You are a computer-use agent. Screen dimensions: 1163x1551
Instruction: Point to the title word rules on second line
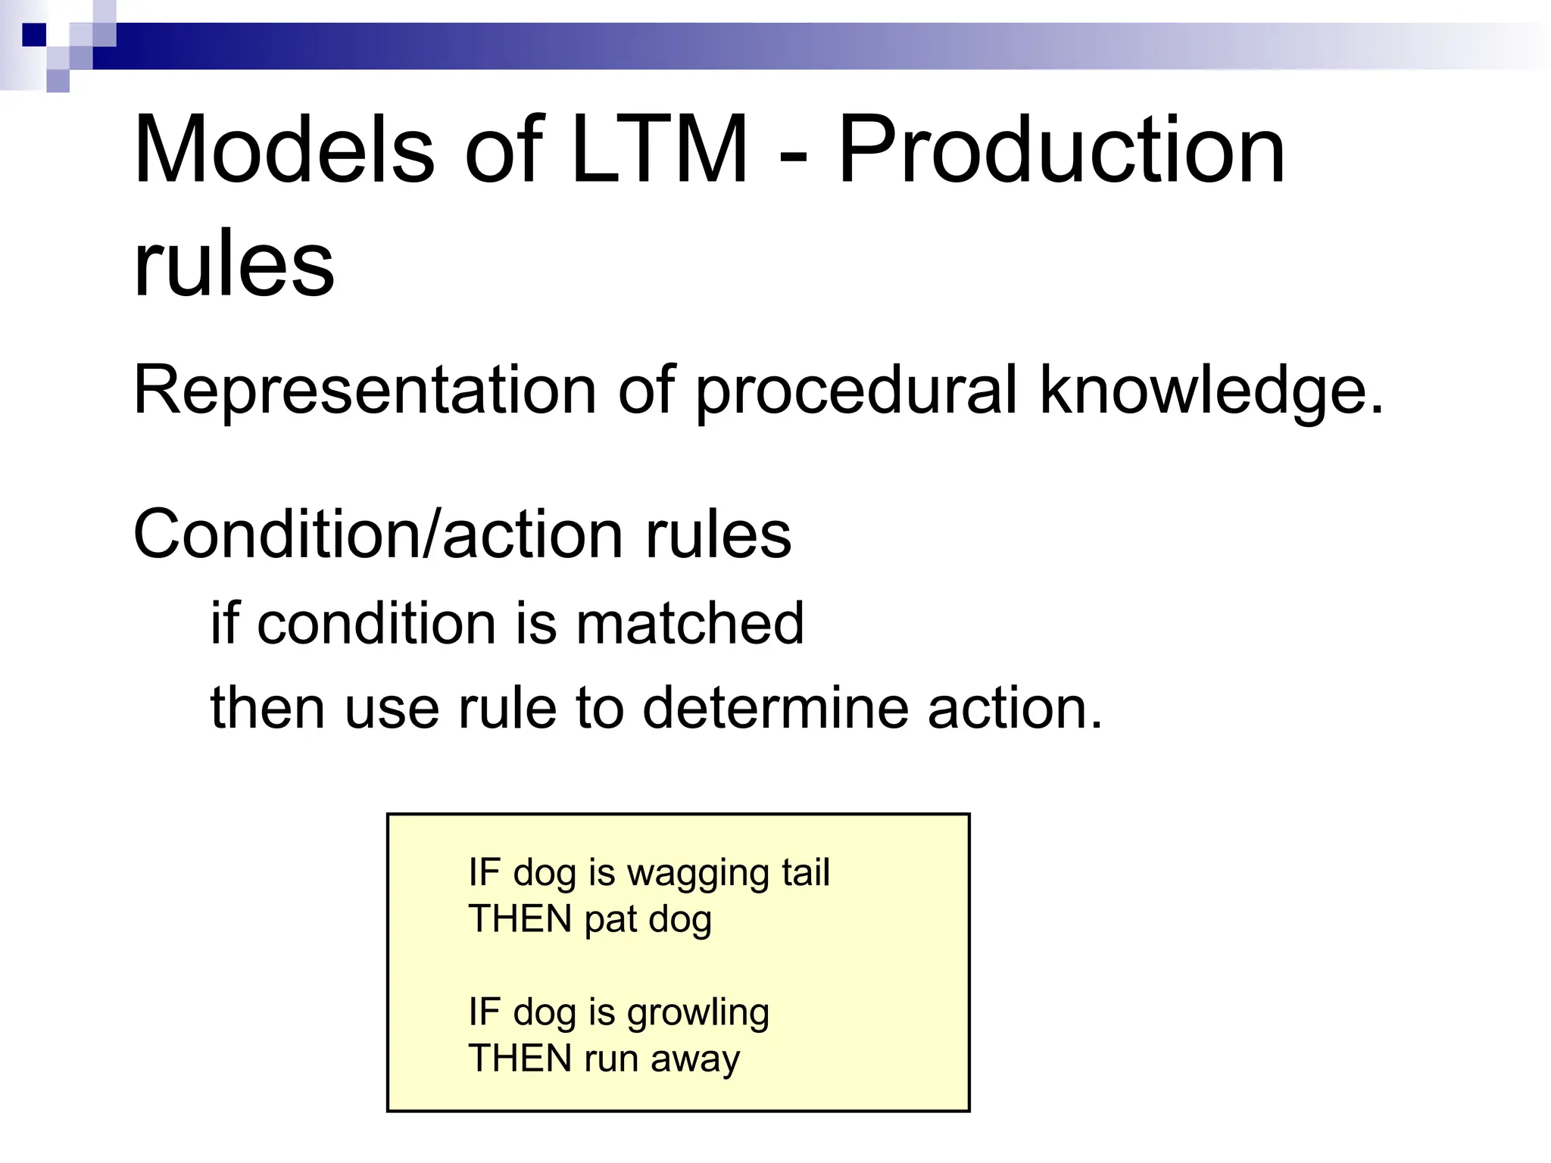click(x=233, y=265)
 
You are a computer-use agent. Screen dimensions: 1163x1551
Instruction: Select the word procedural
click(x=856, y=391)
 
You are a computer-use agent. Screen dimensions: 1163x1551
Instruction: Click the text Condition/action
click(x=379, y=535)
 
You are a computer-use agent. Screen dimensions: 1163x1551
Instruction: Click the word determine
click(x=775, y=708)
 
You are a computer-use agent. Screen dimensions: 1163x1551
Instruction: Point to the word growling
click(x=697, y=1013)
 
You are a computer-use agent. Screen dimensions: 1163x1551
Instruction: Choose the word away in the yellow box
click(x=694, y=1059)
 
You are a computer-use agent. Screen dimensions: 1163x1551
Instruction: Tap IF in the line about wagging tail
click(x=484, y=871)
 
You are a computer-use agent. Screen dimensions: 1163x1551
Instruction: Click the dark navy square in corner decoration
click(x=34, y=35)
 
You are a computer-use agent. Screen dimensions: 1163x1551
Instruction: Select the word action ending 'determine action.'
click(x=1015, y=708)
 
